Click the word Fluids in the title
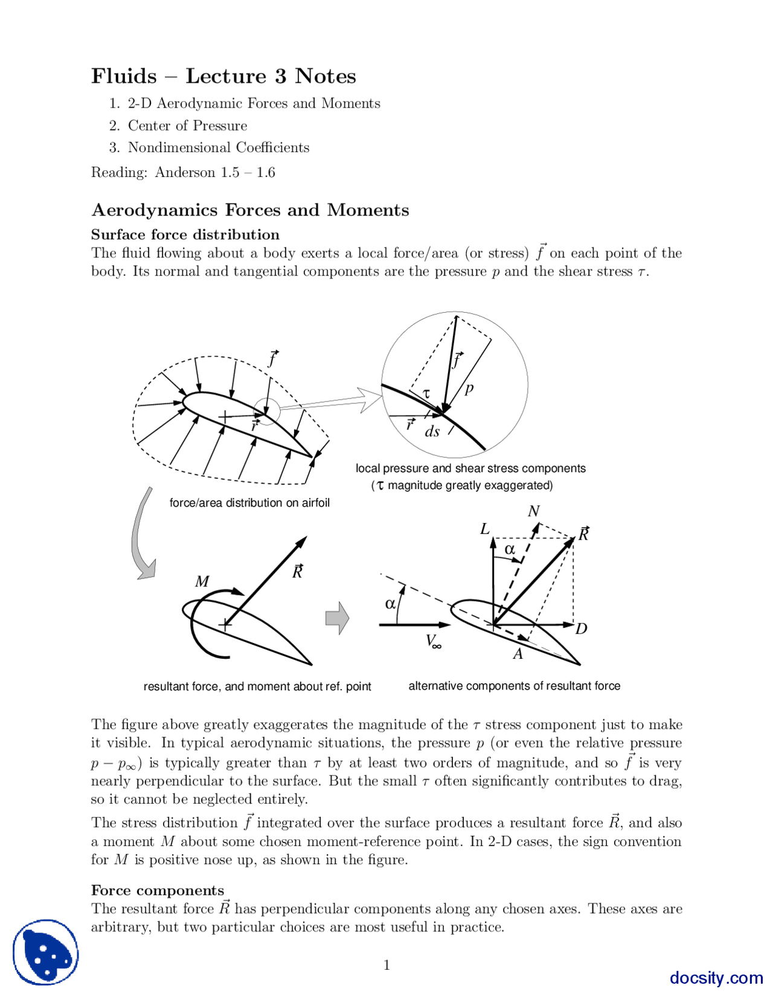124,77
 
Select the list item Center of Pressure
187,126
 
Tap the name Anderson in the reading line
185,173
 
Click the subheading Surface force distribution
185,235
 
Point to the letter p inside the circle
469,388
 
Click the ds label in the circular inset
432,431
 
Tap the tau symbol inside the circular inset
426,393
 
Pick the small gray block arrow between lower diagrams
337,618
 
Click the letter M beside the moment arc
202,582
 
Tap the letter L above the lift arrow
485,530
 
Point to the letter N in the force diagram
533,511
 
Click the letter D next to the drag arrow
581,629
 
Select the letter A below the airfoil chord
518,654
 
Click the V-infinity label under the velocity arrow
433,641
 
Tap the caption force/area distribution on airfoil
249,503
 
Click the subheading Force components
157,891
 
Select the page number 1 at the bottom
386,966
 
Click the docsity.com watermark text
716,978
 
